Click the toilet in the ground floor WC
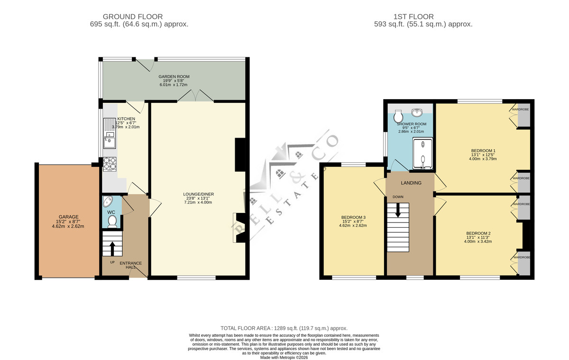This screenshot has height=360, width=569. click(x=112, y=222)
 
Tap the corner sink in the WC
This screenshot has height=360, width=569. click(x=108, y=202)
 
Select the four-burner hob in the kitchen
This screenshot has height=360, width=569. click(x=110, y=164)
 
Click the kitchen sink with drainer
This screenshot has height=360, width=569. click(x=110, y=133)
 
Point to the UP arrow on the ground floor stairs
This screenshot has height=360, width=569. click(x=112, y=249)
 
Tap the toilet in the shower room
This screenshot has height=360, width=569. click(x=398, y=116)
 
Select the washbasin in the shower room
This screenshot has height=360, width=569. click(x=417, y=112)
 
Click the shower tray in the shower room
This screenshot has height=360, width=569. click(x=422, y=153)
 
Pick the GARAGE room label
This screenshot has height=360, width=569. click(x=68, y=217)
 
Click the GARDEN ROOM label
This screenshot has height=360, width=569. click(x=174, y=76)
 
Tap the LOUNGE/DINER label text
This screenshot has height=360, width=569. click(x=198, y=194)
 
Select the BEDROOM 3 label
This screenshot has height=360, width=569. click(x=353, y=217)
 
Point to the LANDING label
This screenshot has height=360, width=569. click(x=411, y=183)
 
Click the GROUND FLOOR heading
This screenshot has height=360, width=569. click(x=133, y=17)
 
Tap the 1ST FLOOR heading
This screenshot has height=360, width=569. click(x=413, y=17)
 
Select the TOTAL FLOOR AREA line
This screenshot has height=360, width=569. click(x=284, y=328)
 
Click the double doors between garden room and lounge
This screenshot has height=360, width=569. click(x=195, y=96)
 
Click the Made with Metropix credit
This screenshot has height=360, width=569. click(x=284, y=358)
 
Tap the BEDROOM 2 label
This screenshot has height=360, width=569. click(x=478, y=233)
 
